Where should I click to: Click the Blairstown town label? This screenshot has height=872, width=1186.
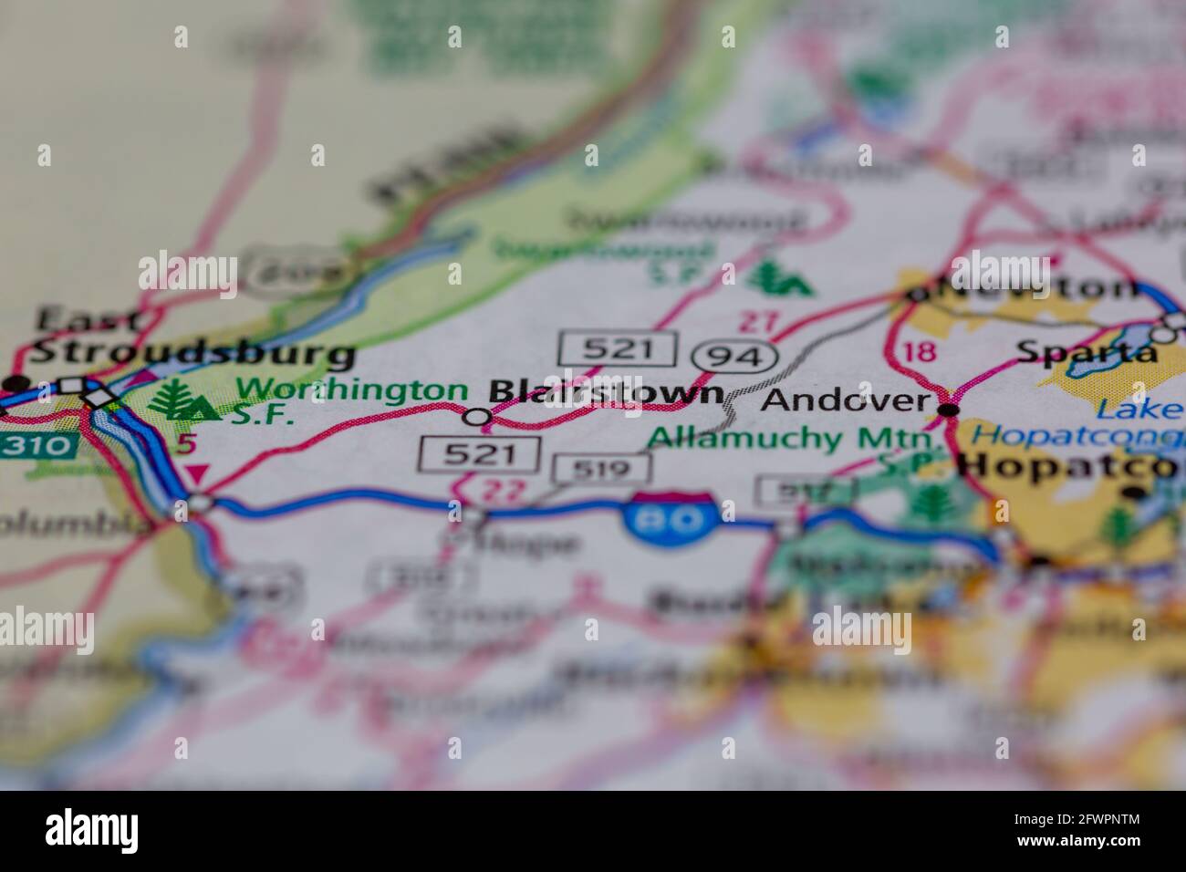606,392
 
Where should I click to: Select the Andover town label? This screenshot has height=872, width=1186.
846,400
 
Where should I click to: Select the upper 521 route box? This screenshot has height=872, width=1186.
618,348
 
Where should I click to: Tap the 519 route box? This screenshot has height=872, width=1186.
602,470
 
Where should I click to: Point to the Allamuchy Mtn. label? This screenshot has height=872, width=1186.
757,439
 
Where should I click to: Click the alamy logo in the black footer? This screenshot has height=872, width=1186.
92,831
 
